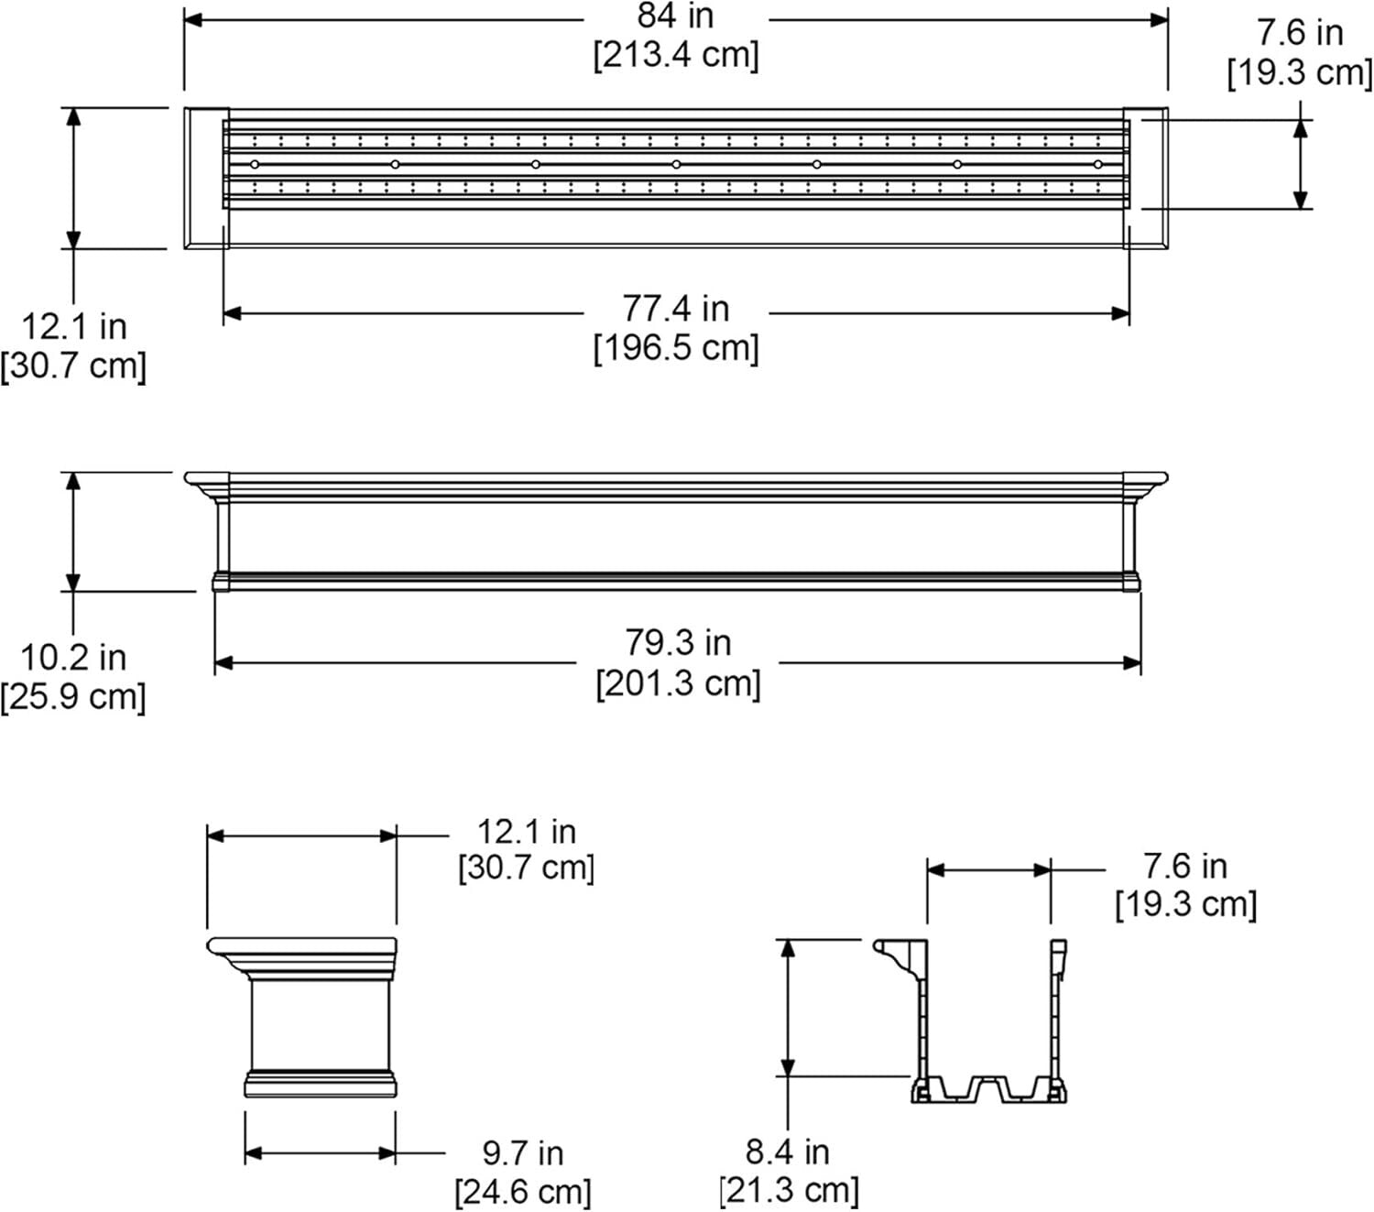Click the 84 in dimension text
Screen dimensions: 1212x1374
(x=675, y=16)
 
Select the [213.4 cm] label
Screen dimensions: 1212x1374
(x=676, y=55)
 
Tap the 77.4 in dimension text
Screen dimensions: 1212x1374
(x=676, y=309)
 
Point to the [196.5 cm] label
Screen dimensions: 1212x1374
(x=676, y=348)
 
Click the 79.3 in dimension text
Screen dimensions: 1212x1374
(x=678, y=642)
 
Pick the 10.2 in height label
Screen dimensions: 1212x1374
(x=73, y=657)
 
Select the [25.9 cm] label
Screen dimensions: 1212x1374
(x=73, y=696)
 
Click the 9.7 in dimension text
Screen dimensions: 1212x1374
(x=523, y=1152)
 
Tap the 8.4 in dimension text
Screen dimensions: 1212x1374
(x=787, y=1151)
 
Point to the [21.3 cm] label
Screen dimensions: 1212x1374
(x=789, y=1190)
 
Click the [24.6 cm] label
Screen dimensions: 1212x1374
(x=523, y=1192)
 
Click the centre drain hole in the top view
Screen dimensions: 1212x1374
(x=676, y=164)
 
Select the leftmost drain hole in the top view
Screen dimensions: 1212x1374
(x=255, y=164)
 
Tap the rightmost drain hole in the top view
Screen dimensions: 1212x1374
(x=1097, y=164)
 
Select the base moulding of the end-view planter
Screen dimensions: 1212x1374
(x=320, y=1084)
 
